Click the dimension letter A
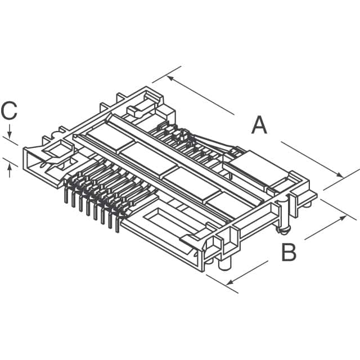tap(259, 124)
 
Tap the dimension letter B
tap(289, 253)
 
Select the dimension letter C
tap(9, 111)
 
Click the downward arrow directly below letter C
tap(10, 135)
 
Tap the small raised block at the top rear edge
tap(143, 104)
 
